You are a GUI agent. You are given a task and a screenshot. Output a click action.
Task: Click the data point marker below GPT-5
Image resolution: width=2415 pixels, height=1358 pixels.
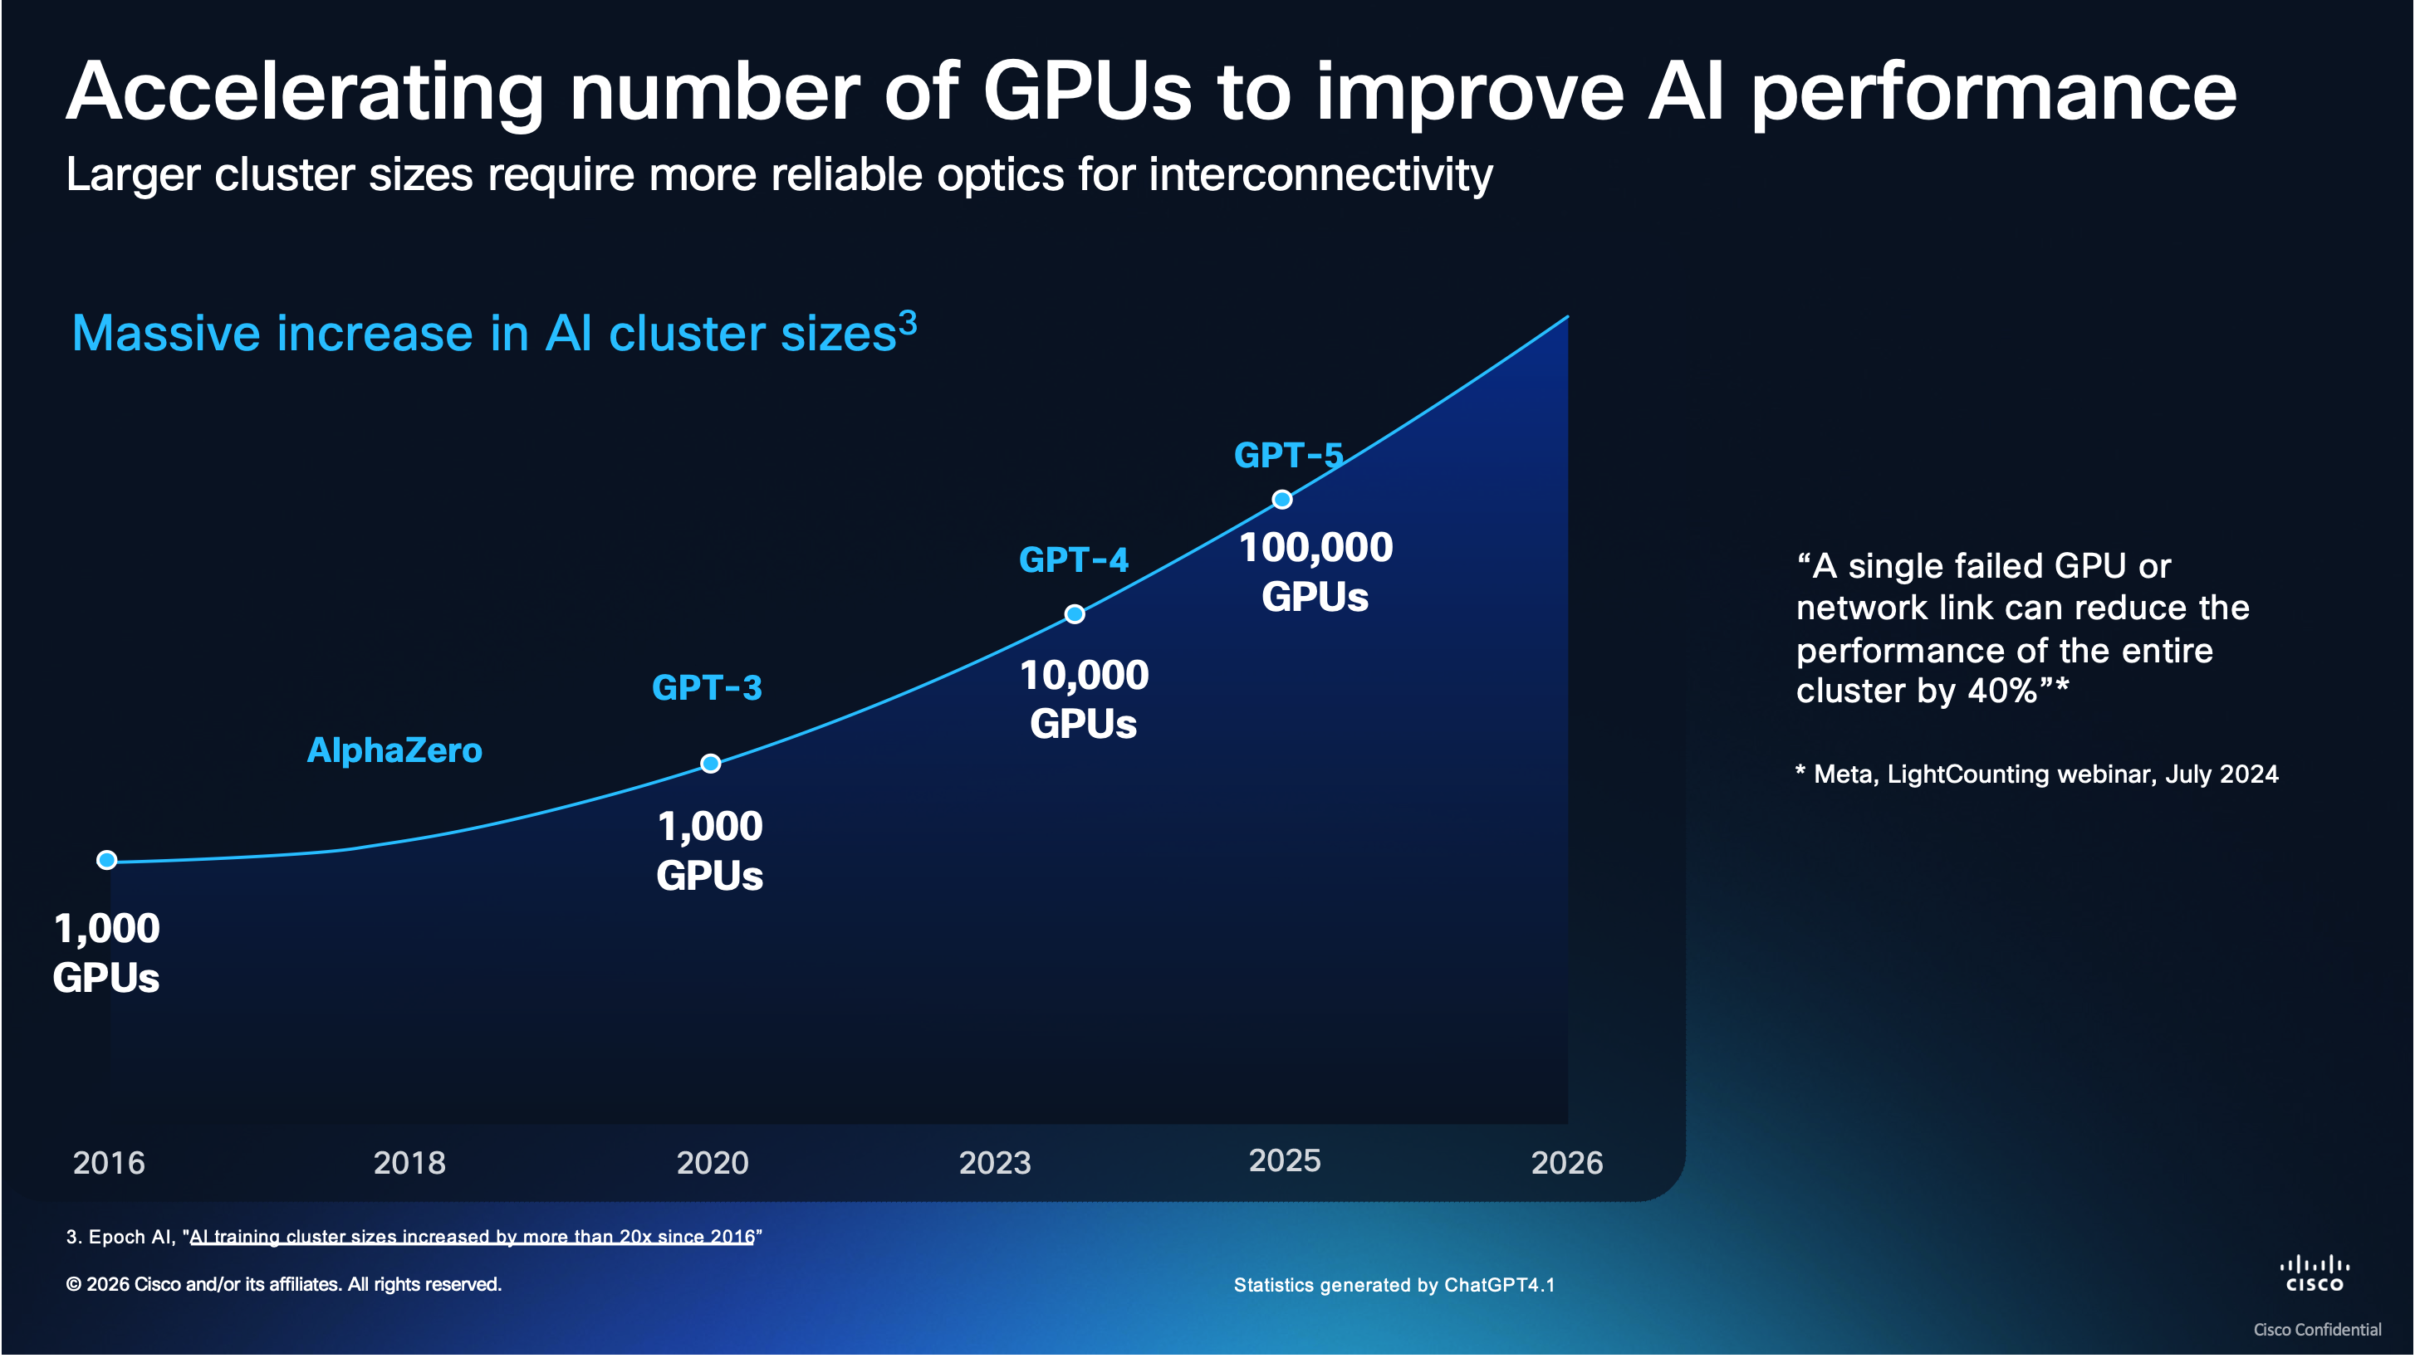[1281, 500]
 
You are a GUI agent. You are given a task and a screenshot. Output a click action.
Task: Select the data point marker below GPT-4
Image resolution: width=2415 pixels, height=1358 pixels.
[1075, 615]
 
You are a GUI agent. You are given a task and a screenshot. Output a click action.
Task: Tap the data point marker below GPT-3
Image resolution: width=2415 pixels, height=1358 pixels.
[711, 764]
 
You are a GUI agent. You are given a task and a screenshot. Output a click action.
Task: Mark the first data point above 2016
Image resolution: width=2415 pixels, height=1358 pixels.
[107, 860]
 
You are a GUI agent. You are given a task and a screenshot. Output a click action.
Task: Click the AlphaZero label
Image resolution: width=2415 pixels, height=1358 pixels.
[394, 750]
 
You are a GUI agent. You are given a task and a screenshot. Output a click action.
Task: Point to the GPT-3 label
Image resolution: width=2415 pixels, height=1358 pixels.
[707, 688]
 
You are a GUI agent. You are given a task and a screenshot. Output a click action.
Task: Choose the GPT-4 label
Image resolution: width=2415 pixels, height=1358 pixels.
[1074, 560]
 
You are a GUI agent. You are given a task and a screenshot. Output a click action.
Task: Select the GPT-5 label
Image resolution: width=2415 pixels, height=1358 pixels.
[1288, 456]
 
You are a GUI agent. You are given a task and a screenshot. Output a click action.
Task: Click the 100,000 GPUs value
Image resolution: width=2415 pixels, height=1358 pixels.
[1315, 572]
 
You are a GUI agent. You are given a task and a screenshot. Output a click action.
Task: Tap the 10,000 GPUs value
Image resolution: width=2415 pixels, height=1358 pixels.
[1084, 700]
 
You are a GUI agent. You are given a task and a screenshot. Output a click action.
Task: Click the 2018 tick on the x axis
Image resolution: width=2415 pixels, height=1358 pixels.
[409, 1163]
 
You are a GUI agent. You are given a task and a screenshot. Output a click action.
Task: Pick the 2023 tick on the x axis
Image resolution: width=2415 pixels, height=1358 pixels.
[995, 1163]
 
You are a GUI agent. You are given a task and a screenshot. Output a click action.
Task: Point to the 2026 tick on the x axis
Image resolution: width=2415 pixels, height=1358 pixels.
[1566, 1163]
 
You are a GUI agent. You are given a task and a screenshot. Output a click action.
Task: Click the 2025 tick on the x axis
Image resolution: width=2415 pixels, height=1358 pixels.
[1285, 1161]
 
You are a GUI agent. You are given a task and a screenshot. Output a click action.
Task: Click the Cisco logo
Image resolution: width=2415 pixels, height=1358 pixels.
[2314, 1276]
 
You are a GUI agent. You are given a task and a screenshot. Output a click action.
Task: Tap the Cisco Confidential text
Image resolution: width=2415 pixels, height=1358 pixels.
[2316, 1330]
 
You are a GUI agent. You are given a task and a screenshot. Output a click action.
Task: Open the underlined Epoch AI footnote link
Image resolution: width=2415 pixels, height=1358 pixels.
[472, 1237]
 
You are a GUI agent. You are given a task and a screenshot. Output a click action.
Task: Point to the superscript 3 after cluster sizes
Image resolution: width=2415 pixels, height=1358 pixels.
[908, 322]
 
